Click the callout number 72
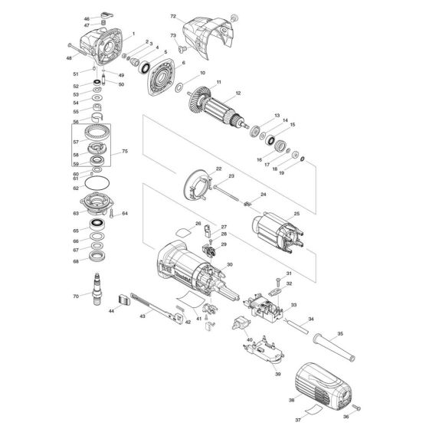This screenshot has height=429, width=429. click(x=172, y=16)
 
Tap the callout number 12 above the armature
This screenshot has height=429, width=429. click(x=238, y=93)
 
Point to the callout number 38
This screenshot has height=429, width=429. click(x=292, y=400)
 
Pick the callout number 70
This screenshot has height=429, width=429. click(x=87, y=295)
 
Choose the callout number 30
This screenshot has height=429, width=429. click(x=229, y=264)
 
